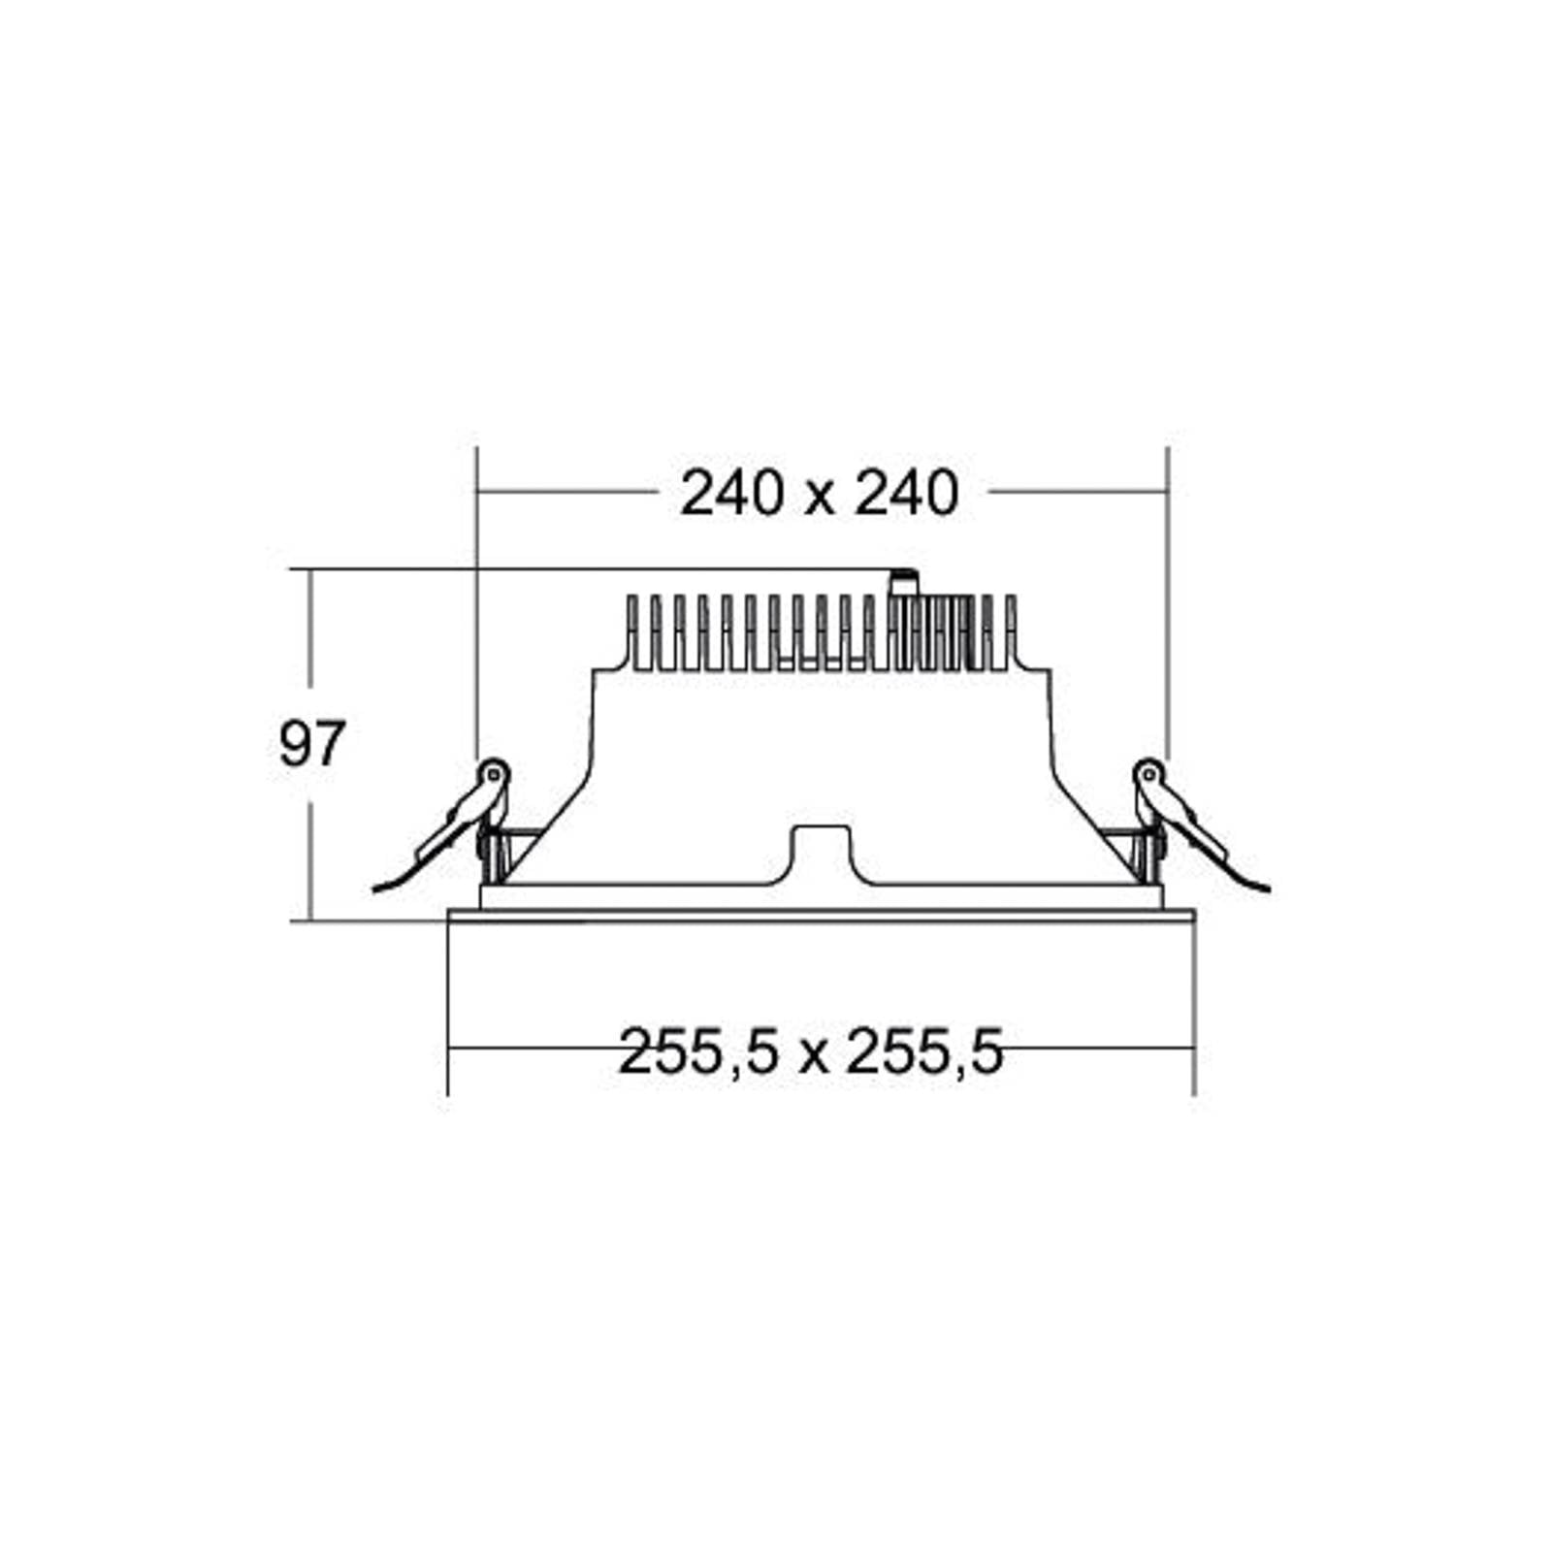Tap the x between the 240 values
click(819, 499)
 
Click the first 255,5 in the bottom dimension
click(697, 1052)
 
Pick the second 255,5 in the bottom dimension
click(924, 1052)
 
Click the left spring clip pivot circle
click(494, 773)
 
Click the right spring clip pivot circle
click(1148, 773)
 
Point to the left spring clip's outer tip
click(375, 888)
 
